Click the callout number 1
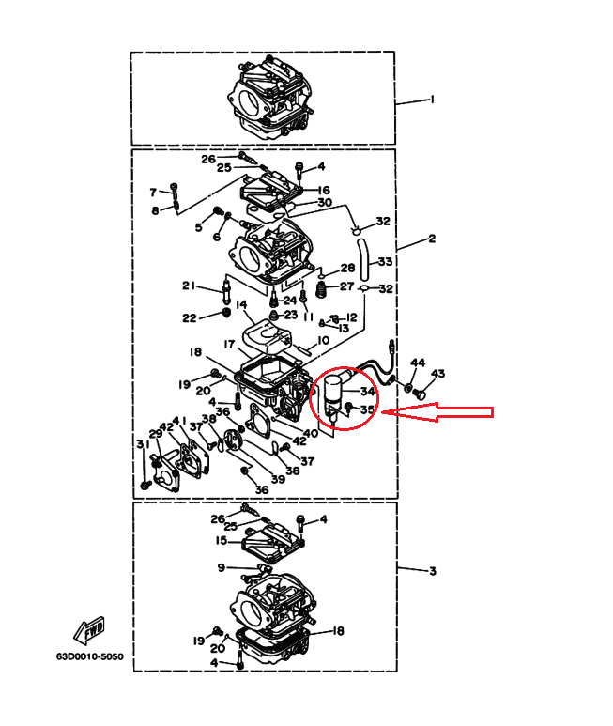pyautogui.click(x=432, y=99)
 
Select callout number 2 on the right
pyautogui.click(x=432, y=239)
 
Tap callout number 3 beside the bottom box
pyautogui.click(x=432, y=571)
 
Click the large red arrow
pyautogui.click(x=441, y=411)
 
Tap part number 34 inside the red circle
pyautogui.click(x=368, y=392)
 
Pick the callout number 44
pyautogui.click(x=417, y=363)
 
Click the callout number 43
pyautogui.click(x=438, y=374)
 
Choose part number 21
pyautogui.click(x=189, y=286)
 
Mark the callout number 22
pyautogui.click(x=189, y=317)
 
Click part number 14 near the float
pyautogui.click(x=241, y=304)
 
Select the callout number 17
pyautogui.click(x=228, y=345)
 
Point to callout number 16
pyautogui.click(x=323, y=190)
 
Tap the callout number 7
pyautogui.click(x=153, y=193)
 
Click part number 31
pyautogui.click(x=142, y=444)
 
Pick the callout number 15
pyautogui.click(x=222, y=541)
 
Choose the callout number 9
pyautogui.click(x=222, y=567)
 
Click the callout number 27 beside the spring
pyautogui.click(x=346, y=286)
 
